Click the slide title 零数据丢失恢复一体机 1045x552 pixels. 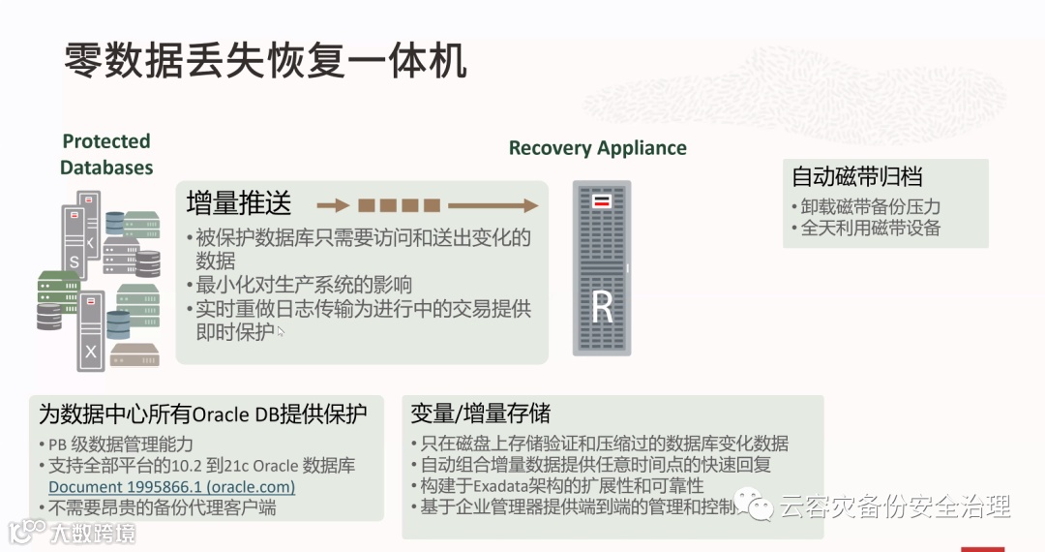(265, 61)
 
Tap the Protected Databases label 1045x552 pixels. (106, 154)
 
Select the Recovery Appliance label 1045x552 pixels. (597, 148)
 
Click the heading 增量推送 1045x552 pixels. (239, 202)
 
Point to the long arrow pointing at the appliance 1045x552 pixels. (493, 205)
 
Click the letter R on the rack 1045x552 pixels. (603, 307)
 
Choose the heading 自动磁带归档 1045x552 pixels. (856, 176)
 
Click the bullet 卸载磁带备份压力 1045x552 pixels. (870, 206)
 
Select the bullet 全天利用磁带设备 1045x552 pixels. (870, 228)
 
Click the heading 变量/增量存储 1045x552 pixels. (481, 414)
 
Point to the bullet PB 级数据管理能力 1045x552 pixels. (121, 445)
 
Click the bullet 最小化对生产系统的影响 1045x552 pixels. (304, 285)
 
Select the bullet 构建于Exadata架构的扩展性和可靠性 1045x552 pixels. (561, 485)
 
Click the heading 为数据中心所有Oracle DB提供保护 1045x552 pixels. (203, 414)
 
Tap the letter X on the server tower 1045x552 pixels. (90, 352)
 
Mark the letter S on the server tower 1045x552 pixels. (74, 261)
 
